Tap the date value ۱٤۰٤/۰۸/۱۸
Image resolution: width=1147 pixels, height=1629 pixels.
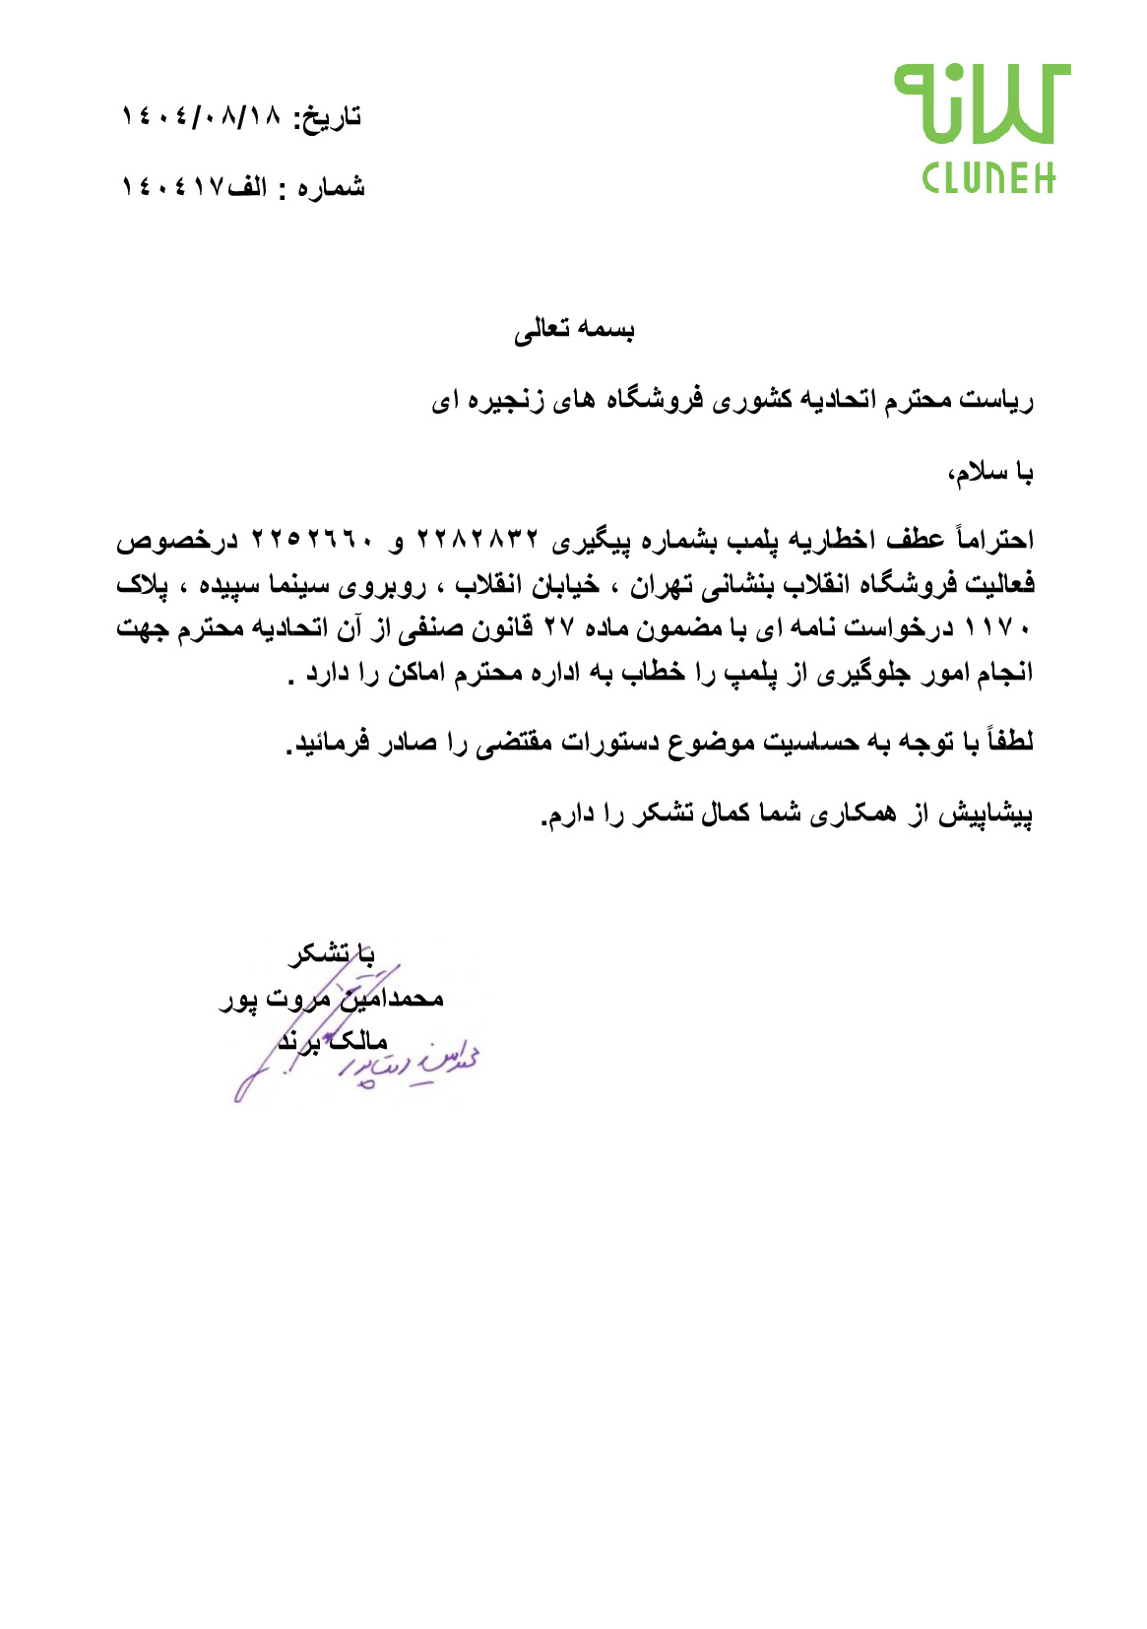pyautogui.click(x=201, y=116)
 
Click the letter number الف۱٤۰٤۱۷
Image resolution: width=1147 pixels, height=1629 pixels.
pyautogui.click(x=193, y=187)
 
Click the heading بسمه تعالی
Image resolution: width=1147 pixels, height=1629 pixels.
pyautogui.click(x=574, y=330)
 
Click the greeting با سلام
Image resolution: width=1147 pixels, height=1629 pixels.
pyautogui.click(x=990, y=474)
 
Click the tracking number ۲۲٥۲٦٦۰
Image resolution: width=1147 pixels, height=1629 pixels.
pyautogui.click(x=313, y=540)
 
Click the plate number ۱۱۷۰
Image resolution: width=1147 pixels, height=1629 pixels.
pyautogui.click(x=997, y=628)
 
